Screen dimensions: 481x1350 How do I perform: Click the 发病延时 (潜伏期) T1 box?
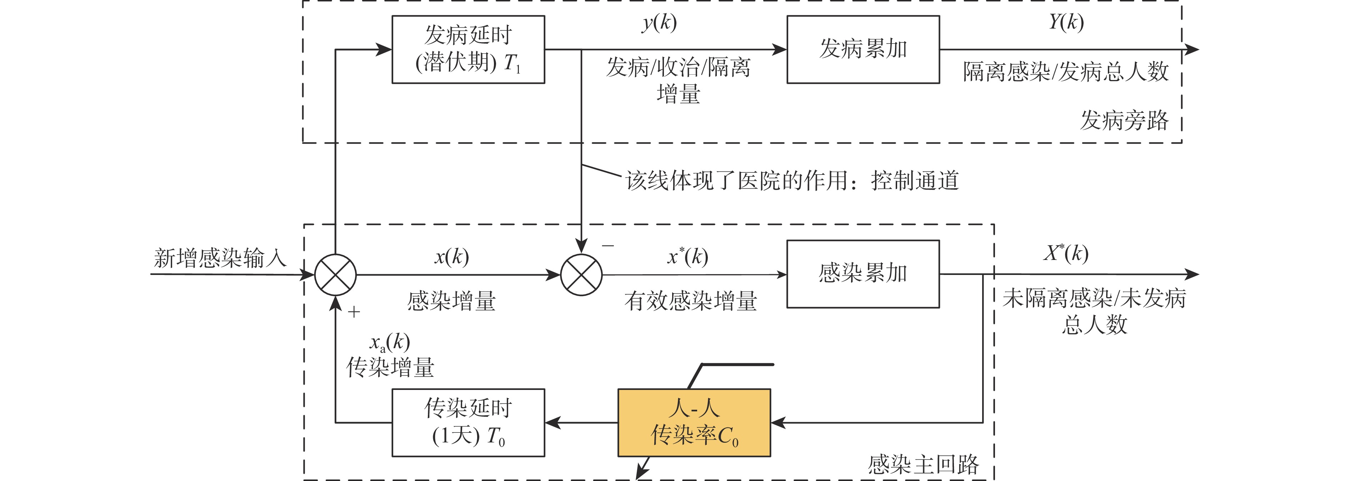[468, 49]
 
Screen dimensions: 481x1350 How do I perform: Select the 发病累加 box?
[862, 49]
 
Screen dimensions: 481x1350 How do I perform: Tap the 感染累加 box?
[862, 274]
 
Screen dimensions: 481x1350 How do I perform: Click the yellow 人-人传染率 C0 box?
[694, 422]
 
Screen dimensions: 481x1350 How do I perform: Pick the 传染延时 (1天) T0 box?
[468, 422]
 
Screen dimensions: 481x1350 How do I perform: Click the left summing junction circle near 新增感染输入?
[335, 275]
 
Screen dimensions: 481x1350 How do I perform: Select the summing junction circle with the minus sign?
[581, 275]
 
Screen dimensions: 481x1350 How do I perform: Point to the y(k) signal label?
[659, 22]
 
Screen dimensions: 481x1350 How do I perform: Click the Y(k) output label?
[1066, 22]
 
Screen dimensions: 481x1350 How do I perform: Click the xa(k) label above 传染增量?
[389, 342]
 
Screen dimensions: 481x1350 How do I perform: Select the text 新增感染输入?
[220, 258]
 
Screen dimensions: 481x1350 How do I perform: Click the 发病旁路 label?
[1124, 120]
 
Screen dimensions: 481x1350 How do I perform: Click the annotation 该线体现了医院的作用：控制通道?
[792, 181]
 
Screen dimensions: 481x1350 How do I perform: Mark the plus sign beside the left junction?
[354, 312]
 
